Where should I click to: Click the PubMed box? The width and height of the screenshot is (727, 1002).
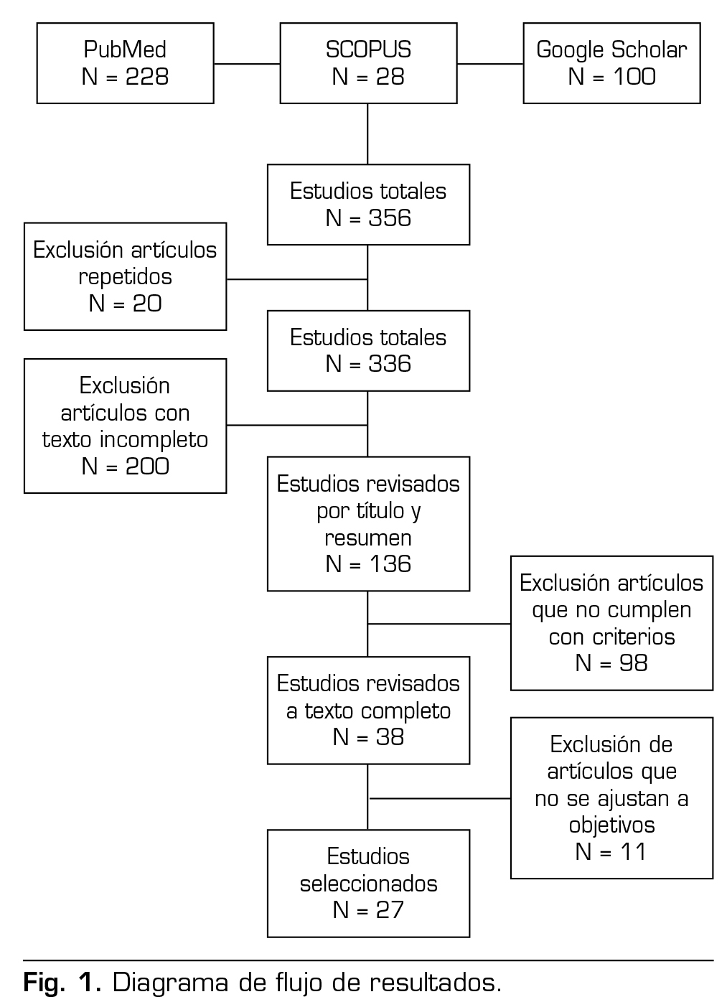(x=125, y=63)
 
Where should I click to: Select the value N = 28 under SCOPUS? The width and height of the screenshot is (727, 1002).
(x=368, y=77)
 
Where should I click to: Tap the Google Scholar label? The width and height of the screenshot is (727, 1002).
(x=611, y=50)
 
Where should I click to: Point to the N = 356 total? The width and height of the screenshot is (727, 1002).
(x=368, y=218)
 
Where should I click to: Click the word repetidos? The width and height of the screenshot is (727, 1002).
(x=125, y=276)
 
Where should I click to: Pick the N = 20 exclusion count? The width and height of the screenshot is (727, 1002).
(x=125, y=304)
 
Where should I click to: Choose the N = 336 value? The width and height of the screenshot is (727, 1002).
(x=368, y=364)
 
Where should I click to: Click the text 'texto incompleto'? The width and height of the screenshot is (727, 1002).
(x=125, y=439)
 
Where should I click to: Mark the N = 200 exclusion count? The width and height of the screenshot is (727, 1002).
(x=125, y=467)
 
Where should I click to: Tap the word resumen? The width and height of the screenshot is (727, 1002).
(x=368, y=538)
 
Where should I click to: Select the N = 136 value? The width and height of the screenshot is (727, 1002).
(x=368, y=564)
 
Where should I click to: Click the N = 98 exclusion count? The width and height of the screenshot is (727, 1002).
(x=611, y=663)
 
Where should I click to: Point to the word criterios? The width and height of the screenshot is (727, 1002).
(x=611, y=637)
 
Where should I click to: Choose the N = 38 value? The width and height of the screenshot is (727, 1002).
(x=368, y=737)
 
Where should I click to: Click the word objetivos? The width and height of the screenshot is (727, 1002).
(x=611, y=825)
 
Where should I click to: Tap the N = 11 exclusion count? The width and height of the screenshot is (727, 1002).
(x=611, y=852)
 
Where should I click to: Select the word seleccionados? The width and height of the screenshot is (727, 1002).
(x=368, y=883)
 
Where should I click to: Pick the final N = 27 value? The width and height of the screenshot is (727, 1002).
(x=368, y=910)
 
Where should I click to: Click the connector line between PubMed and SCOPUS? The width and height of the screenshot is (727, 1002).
(x=246, y=63)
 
